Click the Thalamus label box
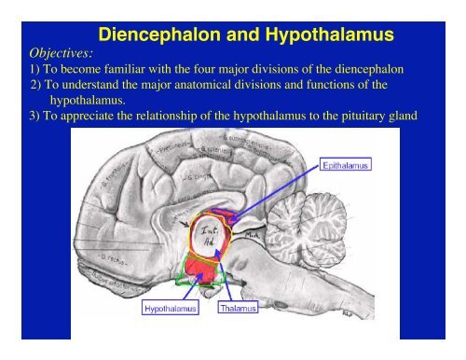click(x=239, y=307)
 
